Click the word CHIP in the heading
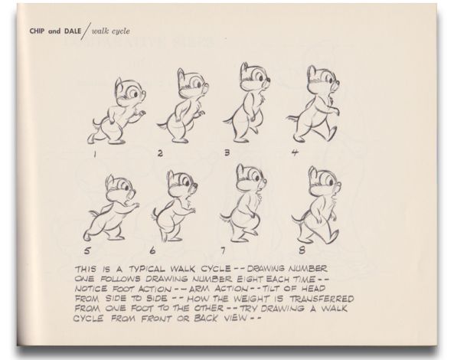pyautogui.click(x=37, y=31)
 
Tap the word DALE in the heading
pyautogui.click(x=73, y=31)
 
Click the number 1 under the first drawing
pyautogui.click(x=94, y=155)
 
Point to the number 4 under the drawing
pyautogui.click(x=295, y=152)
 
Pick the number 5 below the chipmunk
pyautogui.click(x=87, y=250)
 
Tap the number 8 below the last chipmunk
pyautogui.click(x=302, y=250)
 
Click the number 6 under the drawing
pyautogui.click(x=152, y=250)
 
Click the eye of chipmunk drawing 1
pyautogui.click(x=136, y=94)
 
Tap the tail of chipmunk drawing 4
pyautogui.click(x=293, y=118)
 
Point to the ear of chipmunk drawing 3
pyautogui.click(x=245, y=68)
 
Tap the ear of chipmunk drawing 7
pyautogui.click(x=240, y=170)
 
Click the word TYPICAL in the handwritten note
pyautogui.click(x=147, y=269)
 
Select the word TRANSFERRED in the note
pyautogui.click(x=322, y=299)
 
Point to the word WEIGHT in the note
pyautogui.click(x=251, y=298)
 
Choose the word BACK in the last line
pyautogui.click(x=206, y=319)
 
